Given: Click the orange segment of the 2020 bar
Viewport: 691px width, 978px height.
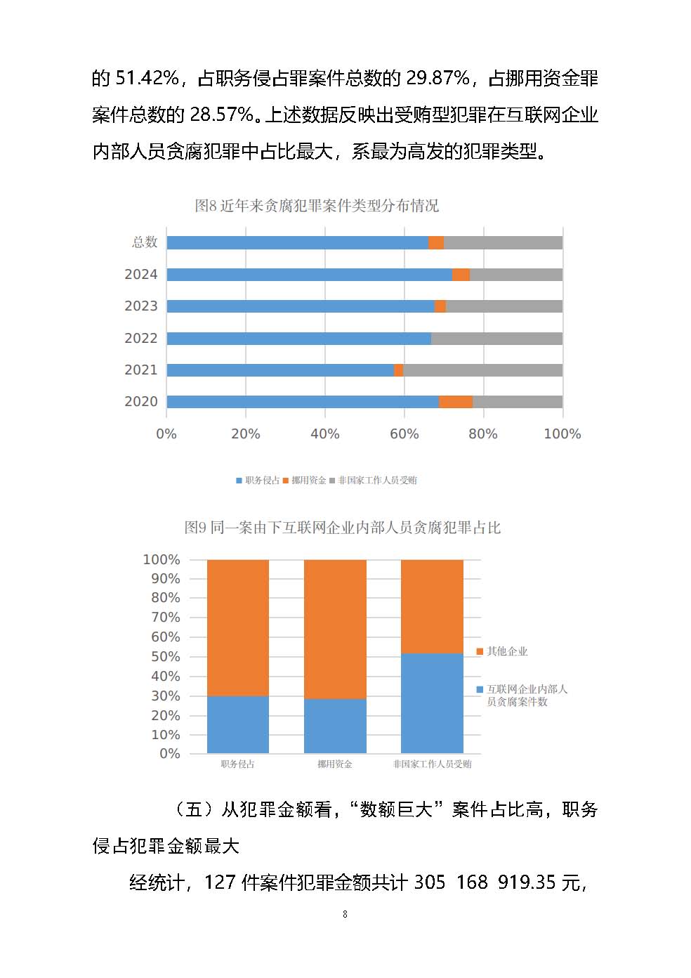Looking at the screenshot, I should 456,402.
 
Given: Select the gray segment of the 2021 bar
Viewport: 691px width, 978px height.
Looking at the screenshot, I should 482,370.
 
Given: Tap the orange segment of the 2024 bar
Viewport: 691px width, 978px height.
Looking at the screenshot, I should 461,275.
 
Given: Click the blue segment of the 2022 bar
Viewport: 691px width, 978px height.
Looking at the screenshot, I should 298,339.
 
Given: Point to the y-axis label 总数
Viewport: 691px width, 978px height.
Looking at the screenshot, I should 145,242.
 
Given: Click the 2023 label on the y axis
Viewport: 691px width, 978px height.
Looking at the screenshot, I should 140,306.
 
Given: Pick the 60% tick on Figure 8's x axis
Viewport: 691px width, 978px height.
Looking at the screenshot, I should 404,434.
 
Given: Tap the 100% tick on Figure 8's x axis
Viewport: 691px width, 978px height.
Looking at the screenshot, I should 562,434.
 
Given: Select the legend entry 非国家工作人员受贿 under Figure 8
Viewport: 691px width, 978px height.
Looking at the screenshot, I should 377,481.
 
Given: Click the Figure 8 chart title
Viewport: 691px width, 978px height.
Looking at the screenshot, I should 317,206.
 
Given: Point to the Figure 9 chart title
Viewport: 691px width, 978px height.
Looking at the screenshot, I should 342,528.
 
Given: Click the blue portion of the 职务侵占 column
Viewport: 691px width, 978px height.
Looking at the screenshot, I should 238,724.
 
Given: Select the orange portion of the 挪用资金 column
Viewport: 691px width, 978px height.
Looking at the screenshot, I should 335,629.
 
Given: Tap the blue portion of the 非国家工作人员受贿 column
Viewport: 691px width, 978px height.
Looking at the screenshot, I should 432,703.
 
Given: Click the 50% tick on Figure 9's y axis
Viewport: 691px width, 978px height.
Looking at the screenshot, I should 166,657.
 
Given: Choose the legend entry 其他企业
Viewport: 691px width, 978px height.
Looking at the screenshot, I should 506,652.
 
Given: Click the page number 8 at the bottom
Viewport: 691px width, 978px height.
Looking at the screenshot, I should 345,914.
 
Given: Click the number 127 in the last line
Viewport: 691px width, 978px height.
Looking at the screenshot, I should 220,882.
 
